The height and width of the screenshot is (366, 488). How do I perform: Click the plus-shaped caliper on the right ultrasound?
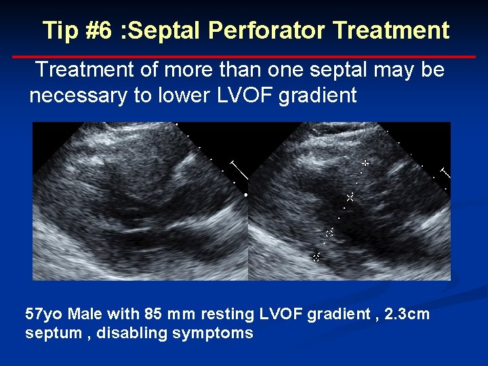pos(365,163)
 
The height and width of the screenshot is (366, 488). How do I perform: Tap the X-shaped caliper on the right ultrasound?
pos(350,197)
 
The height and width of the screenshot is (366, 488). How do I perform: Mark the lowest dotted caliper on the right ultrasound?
pos(316,257)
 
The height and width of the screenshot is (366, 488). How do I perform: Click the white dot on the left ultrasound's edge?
pos(245,195)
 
